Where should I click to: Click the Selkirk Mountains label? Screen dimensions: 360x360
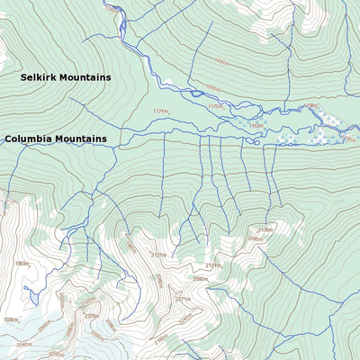tap(67, 77)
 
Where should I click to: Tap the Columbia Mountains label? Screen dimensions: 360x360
tap(56, 139)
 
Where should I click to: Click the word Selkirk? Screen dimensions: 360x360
tap(40, 77)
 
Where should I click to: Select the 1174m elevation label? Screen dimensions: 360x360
tap(161, 111)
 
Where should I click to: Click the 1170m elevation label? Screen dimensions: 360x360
tap(215, 106)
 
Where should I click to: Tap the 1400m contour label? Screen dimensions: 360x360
tap(220, 62)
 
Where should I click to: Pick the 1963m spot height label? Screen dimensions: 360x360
tap(22, 264)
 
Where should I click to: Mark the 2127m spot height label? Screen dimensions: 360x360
tap(158, 256)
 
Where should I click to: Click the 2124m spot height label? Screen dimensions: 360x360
tap(212, 265)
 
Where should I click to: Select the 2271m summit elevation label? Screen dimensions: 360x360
tap(183, 299)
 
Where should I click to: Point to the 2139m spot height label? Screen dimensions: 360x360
tap(265, 229)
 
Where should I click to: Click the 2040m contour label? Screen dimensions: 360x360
tap(23, 344)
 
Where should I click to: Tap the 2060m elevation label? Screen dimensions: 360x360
tap(200, 279)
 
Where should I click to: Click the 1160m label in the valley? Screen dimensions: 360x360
tap(256, 125)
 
